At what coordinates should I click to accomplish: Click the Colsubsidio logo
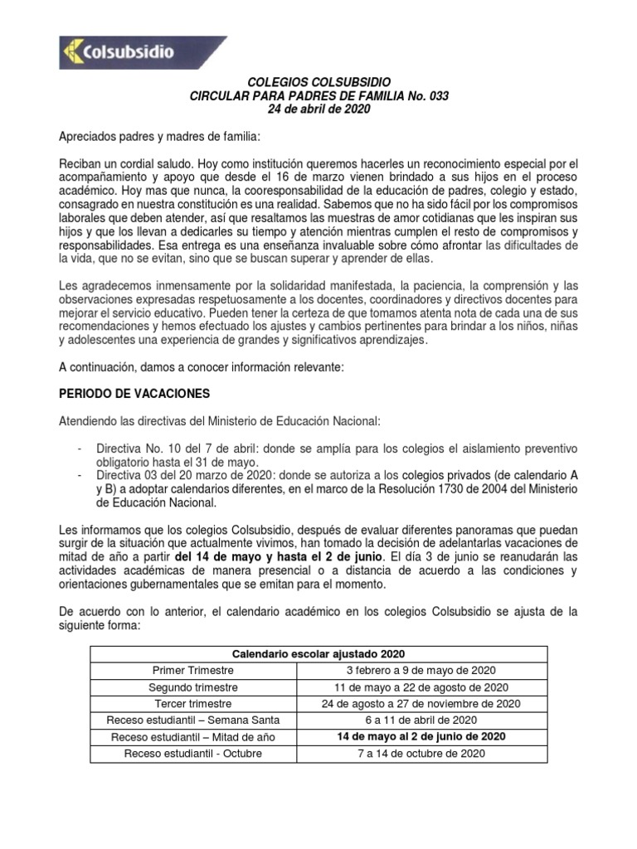click(x=143, y=52)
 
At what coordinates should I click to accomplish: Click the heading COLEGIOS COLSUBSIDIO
click(x=319, y=83)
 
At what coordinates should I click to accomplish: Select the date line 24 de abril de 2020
click(x=319, y=109)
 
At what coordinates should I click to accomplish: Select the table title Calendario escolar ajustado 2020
click(x=318, y=653)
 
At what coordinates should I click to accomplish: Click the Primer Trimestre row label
click(x=193, y=670)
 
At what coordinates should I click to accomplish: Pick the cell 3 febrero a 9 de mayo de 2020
click(x=421, y=670)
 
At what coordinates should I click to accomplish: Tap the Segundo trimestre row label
click(x=193, y=687)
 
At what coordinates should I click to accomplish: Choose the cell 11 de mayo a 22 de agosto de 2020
click(x=421, y=687)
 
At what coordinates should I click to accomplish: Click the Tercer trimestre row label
click(x=193, y=704)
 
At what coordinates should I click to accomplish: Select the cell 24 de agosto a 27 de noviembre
click(x=421, y=704)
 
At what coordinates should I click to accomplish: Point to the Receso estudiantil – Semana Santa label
click(x=193, y=720)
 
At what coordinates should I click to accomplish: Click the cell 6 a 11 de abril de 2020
click(x=421, y=720)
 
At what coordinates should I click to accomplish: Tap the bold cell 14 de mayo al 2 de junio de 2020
click(x=421, y=736)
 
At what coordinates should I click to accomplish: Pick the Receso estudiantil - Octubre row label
click(x=193, y=754)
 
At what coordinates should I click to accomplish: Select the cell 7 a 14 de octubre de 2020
click(x=421, y=754)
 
